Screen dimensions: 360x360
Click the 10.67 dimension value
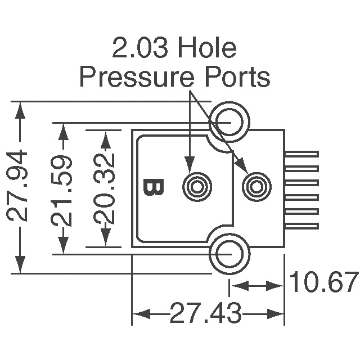323,283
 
